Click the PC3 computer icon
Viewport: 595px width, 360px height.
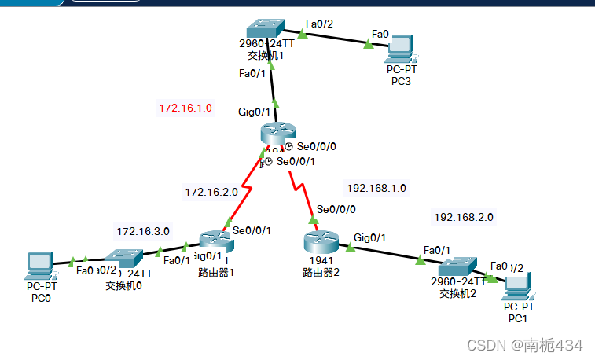(402, 49)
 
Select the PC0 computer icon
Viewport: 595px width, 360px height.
(40, 266)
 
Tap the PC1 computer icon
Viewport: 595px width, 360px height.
(518, 285)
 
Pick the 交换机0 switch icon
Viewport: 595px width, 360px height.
(123, 256)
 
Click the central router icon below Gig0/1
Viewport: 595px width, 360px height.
(275, 136)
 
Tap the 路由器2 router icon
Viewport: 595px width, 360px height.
(318, 239)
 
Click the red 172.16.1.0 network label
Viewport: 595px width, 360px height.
(185, 108)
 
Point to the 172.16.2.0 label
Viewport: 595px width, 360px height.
(211, 191)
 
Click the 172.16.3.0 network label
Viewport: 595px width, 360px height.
(143, 231)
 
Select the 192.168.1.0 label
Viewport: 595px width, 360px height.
(376, 188)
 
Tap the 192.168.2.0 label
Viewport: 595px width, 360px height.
(464, 217)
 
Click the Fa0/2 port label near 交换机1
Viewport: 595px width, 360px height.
(320, 22)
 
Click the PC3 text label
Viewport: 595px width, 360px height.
(402, 81)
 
